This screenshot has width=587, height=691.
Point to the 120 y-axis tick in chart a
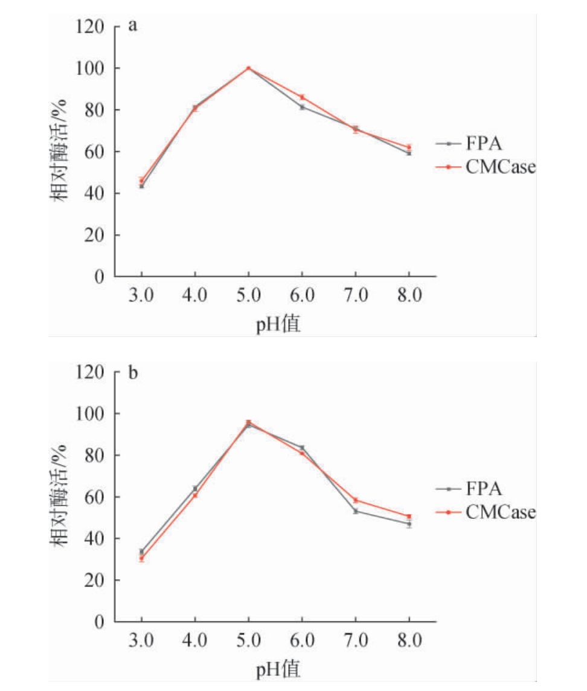pyautogui.click(x=91, y=27)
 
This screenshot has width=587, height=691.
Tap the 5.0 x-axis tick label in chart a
pyautogui.click(x=248, y=297)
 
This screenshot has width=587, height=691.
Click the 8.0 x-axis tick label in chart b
pyautogui.click(x=409, y=641)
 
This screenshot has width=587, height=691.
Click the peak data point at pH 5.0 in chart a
pyautogui.click(x=248, y=68)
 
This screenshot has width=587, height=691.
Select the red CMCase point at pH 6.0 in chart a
pyautogui.click(x=302, y=97)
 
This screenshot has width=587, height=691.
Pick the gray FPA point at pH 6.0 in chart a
pyautogui.click(x=302, y=107)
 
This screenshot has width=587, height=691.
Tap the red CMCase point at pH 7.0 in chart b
pyautogui.click(x=356, y=500)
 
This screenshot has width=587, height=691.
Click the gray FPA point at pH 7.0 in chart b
pyautogui.click(x=356, y=511)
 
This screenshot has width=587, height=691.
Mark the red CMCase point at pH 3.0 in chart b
pyautogui.click(x=141, y=558)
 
